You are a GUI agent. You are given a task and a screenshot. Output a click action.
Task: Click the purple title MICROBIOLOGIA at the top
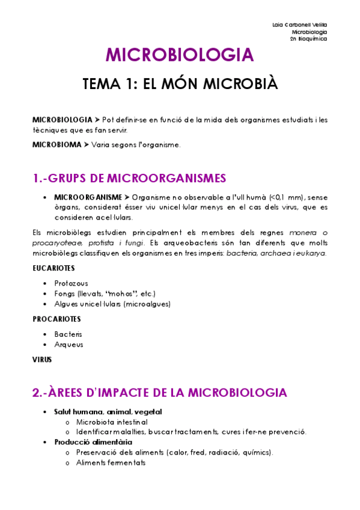click(x=180, y=55)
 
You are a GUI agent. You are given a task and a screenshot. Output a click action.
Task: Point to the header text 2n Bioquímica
click(x=308, y=38)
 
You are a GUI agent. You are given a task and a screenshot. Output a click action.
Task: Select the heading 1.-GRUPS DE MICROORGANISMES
click(x=129, y=178)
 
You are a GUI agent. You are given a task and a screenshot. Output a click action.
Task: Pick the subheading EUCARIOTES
click(x=53, y=268)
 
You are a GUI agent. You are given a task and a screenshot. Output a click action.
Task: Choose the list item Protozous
click(x=71, y=283)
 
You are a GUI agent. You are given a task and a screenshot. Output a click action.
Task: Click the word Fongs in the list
click(x=64, y=293)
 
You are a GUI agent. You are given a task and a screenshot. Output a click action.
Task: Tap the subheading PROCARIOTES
click(x=56, y=319)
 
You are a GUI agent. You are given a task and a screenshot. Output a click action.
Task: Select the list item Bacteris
click(x=68, y=333)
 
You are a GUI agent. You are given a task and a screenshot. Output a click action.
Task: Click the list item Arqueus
click(x=69, y=345)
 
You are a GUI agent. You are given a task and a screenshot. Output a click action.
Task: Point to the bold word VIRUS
click(x=42, y=360)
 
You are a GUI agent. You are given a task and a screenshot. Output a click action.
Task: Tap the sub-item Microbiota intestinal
click(x=112, y=422)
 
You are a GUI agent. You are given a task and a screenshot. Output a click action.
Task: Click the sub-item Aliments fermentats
click(x=111, y=462)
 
